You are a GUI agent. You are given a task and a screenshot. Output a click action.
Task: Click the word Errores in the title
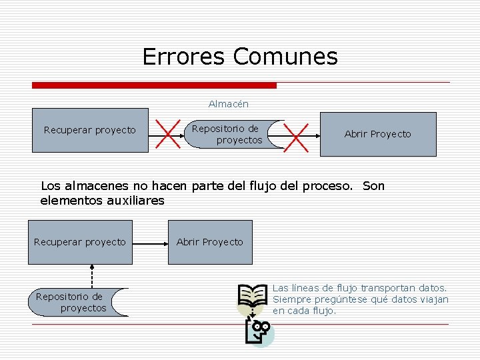point(185,57)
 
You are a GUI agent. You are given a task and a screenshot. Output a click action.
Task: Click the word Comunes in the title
point(285,57)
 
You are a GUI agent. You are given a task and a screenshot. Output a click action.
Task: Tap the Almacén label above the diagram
point(228,103)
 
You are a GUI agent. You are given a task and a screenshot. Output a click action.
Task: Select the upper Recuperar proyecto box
point(90,130)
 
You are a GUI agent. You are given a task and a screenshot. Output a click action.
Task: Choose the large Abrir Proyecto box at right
point(377,134)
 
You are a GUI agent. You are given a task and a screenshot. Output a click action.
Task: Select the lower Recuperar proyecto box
point(79,242)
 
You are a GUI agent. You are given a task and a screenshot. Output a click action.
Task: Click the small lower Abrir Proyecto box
point(210,242)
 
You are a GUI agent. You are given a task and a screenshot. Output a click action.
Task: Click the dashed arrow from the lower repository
point(92,276)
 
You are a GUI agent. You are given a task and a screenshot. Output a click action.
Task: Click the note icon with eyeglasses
point(258,331)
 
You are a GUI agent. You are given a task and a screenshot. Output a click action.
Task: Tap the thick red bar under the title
point(154,85)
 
